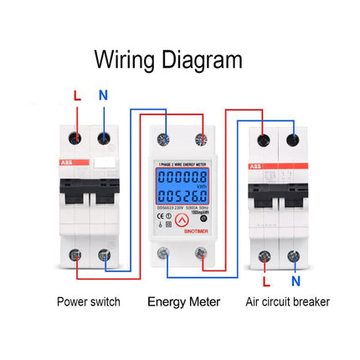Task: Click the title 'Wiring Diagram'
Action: tap(168, 61)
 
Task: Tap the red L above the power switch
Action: tap(77, 96)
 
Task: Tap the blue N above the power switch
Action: tap(103, 95)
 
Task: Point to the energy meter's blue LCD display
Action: tap(183, 186)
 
